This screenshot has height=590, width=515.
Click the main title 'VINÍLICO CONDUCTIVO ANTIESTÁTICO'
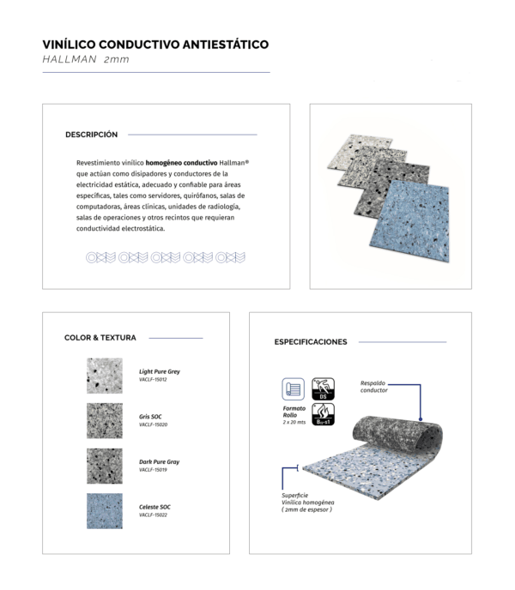click(x=155, y=44)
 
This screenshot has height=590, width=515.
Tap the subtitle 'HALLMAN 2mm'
click(x=86, y=60)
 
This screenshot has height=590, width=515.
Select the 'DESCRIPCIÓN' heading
click(x=91, y=135)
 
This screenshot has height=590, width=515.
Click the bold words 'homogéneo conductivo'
click(x=181, y=162)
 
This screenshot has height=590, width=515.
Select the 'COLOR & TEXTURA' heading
click(x=100, y=338)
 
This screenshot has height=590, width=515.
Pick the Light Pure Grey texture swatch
click(x=104, y=376)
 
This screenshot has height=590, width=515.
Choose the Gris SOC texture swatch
click(x=104, y=420)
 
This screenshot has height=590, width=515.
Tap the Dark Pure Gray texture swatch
click(x=104, y=466)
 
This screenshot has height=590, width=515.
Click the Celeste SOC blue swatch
click(x=104, y=510)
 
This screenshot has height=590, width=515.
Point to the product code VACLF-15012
click(x=153, y=380)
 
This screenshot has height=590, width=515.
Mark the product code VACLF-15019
click(x=153, y=470)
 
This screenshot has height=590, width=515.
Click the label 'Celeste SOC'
click(x=154, y=507)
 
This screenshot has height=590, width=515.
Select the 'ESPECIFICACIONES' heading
click(x=311, y=341)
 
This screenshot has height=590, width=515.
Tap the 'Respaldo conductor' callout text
click(x=374, y=387)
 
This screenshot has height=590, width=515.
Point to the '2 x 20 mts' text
click(x=294, y=424)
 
